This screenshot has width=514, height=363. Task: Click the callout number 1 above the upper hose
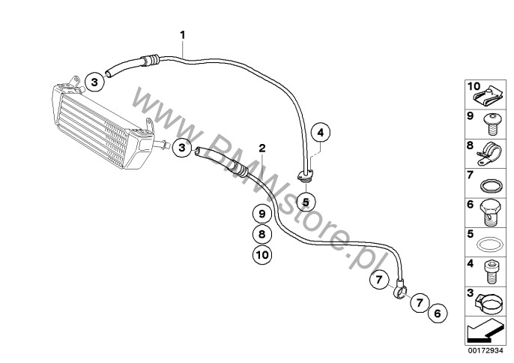coord(183,34)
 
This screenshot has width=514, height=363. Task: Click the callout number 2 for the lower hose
coord(262,148)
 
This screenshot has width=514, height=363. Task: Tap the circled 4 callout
coord(320,133)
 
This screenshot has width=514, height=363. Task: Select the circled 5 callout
coord(306,202)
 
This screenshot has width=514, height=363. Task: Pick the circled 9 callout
coord(262,214)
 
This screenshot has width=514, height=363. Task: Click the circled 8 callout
coord(262,234)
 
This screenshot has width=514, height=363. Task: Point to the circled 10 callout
coord(262,255)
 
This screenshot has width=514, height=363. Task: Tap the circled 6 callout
coord(438,313)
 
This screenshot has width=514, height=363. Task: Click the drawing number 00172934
coord(486,351)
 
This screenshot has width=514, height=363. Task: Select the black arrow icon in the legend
coord(484,331)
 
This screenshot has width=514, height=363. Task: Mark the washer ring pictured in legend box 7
coord(491,186)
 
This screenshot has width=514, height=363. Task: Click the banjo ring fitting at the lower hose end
coord(400,289)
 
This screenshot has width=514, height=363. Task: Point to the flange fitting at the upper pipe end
coord(306,175)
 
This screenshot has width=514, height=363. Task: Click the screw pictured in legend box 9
coord(490,124)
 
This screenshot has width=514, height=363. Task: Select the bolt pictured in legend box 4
coord(490,271)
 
